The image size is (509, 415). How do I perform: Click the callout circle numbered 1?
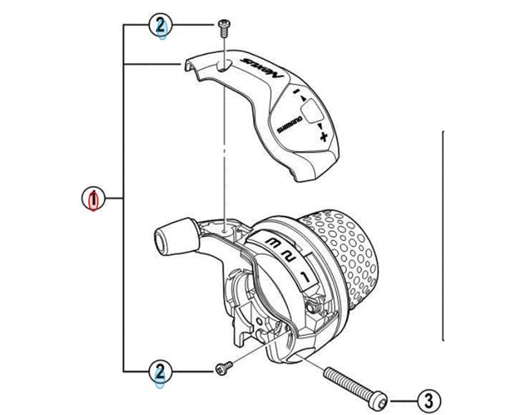[95, 199]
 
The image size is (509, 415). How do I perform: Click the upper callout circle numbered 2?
[161, 26]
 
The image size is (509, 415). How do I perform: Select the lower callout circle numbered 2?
[161, 373]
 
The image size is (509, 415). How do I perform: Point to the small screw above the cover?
[222, 27]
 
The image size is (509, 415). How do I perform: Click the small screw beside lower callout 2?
[221, 370]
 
